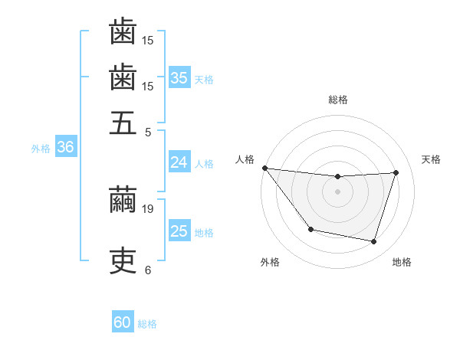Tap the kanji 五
coord(123,123)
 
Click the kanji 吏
coord(123,261)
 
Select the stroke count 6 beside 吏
coord(147,270)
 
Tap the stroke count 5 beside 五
coord(148,132)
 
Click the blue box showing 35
coord(179,77)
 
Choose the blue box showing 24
coord(179,162)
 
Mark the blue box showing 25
coord(179,231)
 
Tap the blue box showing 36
coord(65,148)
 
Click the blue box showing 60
coord(123,322)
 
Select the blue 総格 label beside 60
coord(147,324)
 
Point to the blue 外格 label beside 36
coord(41,149)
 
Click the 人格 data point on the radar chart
coord(264,168)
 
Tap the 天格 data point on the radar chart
coord(396,172)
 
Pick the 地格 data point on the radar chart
coord(373,241)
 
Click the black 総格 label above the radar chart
coord(337,100)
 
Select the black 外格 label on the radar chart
coord(270,263)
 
